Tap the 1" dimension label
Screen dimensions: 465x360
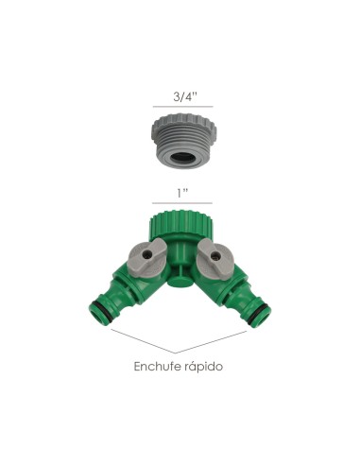[x=180, y=192]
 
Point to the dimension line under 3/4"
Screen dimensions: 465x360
[x=180, y=108]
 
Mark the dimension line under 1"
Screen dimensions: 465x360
[x=180, y=203]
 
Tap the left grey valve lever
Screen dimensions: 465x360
[x=146, y=254]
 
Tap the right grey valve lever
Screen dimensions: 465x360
[x=214, y=254]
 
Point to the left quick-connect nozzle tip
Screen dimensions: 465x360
[x=97, y=313]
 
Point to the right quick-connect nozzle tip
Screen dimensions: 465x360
[x=264, y=313]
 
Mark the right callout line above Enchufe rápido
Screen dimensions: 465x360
[x=222, y=340]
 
